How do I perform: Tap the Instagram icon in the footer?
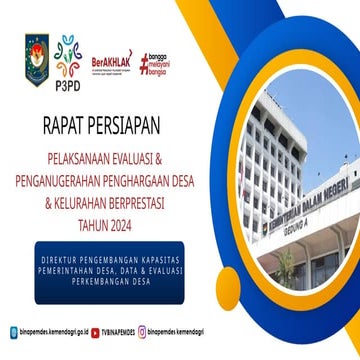click(142, 331)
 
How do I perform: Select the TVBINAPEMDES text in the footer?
click(119, 331)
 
